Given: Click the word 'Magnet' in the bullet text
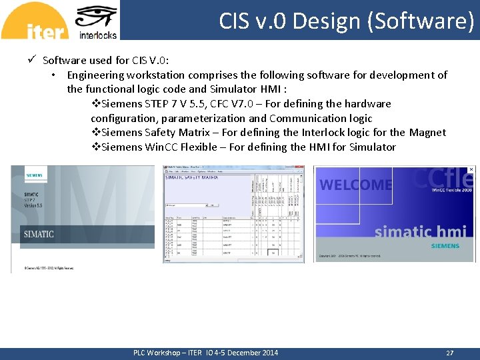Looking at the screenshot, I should click(x=427, y=133).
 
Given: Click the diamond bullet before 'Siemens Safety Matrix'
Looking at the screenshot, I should click(x=95, y=133).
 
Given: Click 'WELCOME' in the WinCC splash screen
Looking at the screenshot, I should click(x=355, y=185).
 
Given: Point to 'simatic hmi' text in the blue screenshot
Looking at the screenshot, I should click(x=420, y=231).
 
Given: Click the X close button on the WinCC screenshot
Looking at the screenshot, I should click(x=471, y=170).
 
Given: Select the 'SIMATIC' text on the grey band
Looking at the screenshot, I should click(x=39, y=235).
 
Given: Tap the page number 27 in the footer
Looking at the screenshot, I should click(x=449, y=353).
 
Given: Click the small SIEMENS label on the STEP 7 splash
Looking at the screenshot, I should click(x=33, y=175).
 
